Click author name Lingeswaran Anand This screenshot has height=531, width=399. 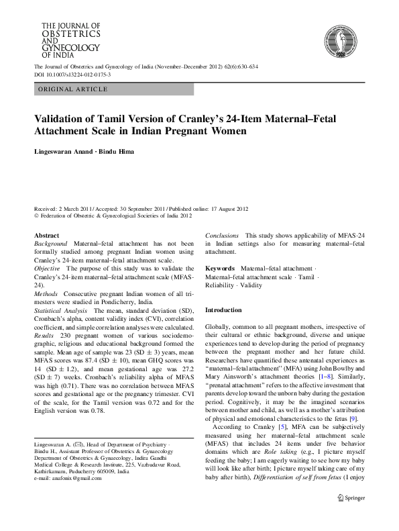[x=63, y=153]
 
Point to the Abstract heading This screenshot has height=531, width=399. [x=46, y=236]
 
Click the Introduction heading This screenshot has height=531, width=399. [x=223, y=309]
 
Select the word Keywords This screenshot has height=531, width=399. [x=220, y=269]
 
